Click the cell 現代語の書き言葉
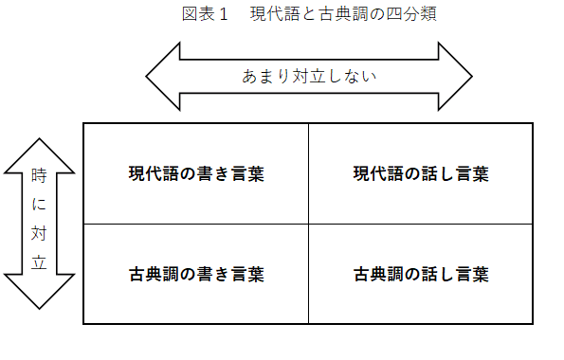click(x=196, y=173)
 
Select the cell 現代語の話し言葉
click(x=421, y=173)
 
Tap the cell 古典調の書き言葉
click(x=196, y=275)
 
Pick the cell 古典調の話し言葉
click(x=421, y=275)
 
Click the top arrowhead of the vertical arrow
click(x=39, y=153)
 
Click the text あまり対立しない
click(x=309, y=77)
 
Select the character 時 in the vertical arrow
click(x=39, y=175)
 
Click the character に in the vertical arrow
click(x=39, y=204)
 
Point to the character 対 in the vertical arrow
click(x=39, y=232)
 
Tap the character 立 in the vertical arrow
click(x=39, y=261)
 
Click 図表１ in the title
click(x=206, y=14)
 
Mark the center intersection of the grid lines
click(x=308, y=225)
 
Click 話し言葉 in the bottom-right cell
click(x=455, y=275)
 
